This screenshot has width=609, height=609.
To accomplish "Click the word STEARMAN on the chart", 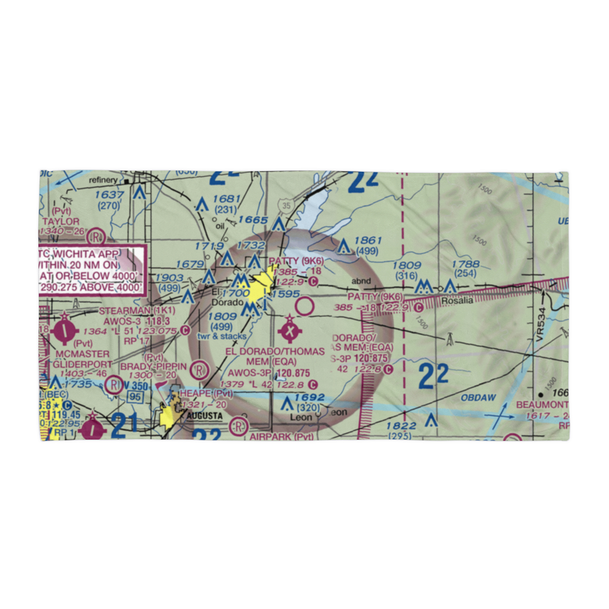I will pos(124,311).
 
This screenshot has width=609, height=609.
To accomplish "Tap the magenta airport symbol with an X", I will pos(290,333).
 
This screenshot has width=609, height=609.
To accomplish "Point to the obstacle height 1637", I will pos(110,195).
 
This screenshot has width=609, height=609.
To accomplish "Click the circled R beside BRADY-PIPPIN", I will pos(198,369).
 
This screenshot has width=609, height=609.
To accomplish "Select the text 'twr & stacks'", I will pos(222,336).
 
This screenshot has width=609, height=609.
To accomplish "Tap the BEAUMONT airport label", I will pos(542,405).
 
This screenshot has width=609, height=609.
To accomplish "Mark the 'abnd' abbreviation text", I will pos(361,281).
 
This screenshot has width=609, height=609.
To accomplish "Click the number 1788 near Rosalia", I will pos(465,264).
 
